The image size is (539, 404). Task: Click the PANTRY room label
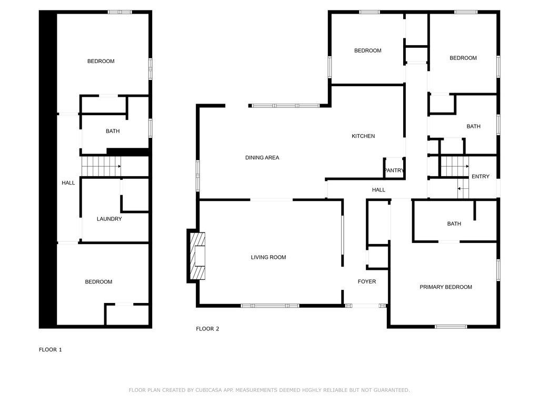[x=394, y=170]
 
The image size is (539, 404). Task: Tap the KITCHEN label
[x=363, y=136]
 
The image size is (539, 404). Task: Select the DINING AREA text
[x=262, y=158]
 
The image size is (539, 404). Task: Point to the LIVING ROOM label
[x=268, y=257]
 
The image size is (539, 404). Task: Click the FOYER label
[x=367, y=281]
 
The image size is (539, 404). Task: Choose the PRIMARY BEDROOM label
[x=445, y=287]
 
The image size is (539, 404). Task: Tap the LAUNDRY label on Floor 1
[x=109, y=219]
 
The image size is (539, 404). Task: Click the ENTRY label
[x=480, y=177]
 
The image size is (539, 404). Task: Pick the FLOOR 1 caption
[x=50, y=350]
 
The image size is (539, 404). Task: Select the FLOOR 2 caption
[x=207, y=329]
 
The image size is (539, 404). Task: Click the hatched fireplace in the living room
[x=197, y=256]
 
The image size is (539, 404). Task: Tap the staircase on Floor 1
[x=102, y=167]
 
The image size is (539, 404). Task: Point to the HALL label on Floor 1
[x=68, y=183]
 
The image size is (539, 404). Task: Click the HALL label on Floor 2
[x=378, y=189]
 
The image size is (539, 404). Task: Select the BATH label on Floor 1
[x=113, y=131]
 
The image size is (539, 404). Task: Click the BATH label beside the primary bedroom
[x=454, y=224]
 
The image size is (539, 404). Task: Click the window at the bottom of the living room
[x=270, y=306]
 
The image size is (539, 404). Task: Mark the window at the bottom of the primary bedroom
[x=451, y=326]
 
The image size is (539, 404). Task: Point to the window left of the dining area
[x=198, y=176]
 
